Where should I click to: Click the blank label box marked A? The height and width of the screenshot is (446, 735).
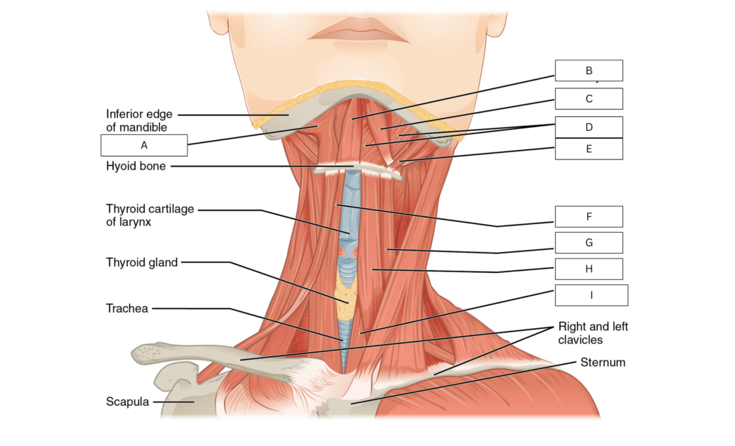144,145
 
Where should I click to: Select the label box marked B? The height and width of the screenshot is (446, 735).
589,70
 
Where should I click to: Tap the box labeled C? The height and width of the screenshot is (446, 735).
589,99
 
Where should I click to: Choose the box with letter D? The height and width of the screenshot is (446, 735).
589,127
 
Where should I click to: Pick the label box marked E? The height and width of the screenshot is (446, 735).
589,149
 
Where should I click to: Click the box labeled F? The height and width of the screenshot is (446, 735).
589,217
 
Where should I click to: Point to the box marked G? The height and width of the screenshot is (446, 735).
589,243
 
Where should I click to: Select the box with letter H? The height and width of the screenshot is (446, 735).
589,269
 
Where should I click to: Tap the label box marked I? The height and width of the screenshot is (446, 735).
591,295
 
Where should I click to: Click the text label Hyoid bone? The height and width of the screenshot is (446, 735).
136,167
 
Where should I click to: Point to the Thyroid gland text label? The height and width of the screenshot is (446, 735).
142,263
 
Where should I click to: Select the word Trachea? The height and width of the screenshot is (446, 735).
127,309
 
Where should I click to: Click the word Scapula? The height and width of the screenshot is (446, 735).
128,402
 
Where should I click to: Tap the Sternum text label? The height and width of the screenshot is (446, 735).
603,363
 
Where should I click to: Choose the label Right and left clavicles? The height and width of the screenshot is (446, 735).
593,333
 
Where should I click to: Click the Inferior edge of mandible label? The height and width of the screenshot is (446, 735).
139,121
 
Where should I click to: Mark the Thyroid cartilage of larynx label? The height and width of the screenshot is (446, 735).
150,215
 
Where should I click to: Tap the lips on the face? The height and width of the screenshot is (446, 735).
359,30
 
